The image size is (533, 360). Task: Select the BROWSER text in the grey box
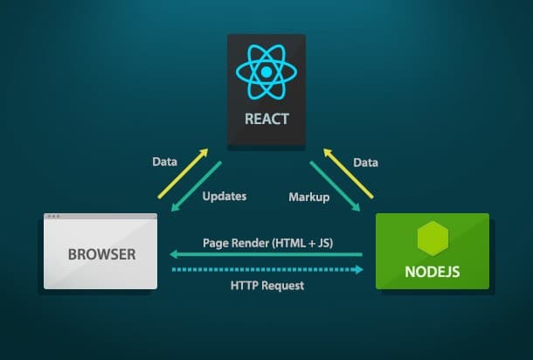100,255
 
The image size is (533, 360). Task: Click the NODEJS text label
432,271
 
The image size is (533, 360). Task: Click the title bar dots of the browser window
54,217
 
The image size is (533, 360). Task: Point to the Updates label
225,197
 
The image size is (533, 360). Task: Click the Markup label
308,197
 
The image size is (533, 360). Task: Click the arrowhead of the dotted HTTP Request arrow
358,270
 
